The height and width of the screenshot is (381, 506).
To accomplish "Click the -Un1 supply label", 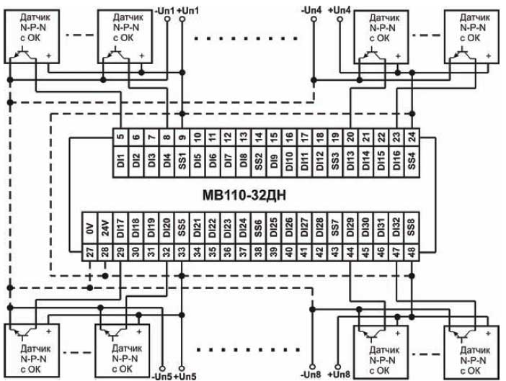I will [165, 9].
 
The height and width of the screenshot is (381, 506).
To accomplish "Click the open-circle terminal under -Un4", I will [313, 19].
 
